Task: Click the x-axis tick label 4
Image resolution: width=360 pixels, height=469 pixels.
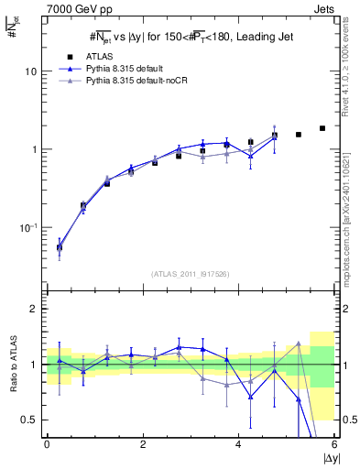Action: pos(238,444)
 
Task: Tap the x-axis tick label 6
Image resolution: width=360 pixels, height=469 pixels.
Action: pos(334,444)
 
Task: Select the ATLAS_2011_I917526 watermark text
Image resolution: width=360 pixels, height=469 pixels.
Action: pos(191,274)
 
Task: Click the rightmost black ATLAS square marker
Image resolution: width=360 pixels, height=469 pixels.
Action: pos(322,128)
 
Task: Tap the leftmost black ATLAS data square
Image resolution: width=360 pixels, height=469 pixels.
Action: pos(60,247)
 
